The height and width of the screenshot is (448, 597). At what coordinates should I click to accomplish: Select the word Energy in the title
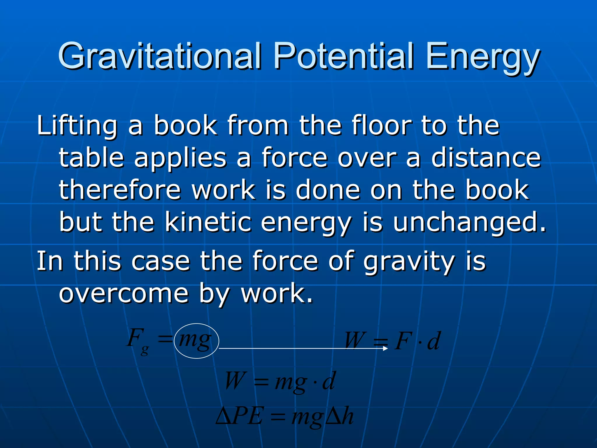tap(482, 57)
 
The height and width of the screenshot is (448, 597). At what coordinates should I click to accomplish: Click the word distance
tap(486, 158)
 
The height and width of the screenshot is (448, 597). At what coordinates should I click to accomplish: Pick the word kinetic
tap(208, 222)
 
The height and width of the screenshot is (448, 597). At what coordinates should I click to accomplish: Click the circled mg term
tap(196, 340)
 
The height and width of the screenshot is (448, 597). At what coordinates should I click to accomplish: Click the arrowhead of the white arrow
tap(385, 348)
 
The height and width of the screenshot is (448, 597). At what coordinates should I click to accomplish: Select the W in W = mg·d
tap(235, 381)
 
